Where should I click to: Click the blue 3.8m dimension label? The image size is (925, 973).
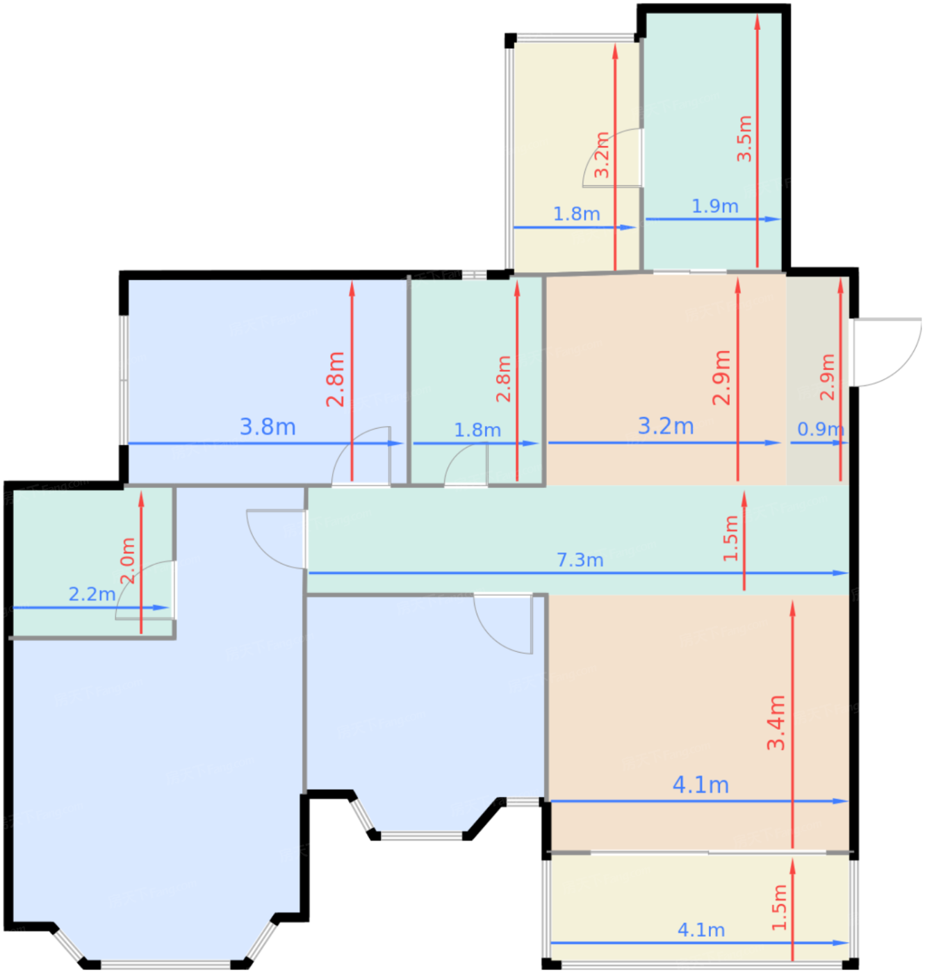pyautogui.click(x=268, y=427)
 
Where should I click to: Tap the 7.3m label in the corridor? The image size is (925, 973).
pyautogui.click(x=580, y=559)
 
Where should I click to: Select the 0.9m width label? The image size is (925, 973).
pyautogui.click(x=820, y=429)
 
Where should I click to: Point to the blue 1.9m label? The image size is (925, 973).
pyautogui.click(x=714, y=206)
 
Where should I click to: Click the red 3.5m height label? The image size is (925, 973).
pyautogui.click(x=744, y=138)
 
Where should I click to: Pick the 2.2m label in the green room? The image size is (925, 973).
pyautogui.click(x=92, y=594)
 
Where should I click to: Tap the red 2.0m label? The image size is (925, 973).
pyautogui.click(x=128, y=560)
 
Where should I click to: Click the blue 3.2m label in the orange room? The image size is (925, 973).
pyautogui.click(x=665, y=426)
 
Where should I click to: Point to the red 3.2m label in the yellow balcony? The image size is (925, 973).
pyautogui.click(x=601, y=155)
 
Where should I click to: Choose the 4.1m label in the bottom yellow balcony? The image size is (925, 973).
pyautogui.click(x=701, y=930)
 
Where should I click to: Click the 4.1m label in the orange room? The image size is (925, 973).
pyautogui.click(x=701, y=785)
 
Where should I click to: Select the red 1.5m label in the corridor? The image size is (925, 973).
pyautogui.click(x=730, y=538)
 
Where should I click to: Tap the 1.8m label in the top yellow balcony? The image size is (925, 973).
pyautogui.click(x=576, y=214)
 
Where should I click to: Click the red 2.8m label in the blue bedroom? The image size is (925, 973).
pyautogui.click(x=335, y=379)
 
